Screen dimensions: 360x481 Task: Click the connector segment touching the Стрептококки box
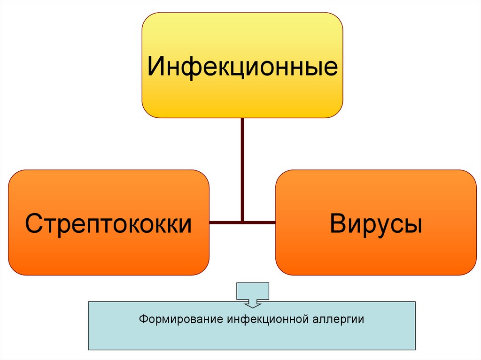tap(225, 222)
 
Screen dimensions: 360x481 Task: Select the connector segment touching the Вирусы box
tap(260, 222)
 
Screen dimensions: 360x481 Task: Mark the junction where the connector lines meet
tap(242, 222)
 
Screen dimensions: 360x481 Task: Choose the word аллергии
tap(338, 320)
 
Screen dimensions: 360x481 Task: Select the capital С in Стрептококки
tap(34, 223)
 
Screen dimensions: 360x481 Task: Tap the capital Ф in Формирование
tap(142, 320)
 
